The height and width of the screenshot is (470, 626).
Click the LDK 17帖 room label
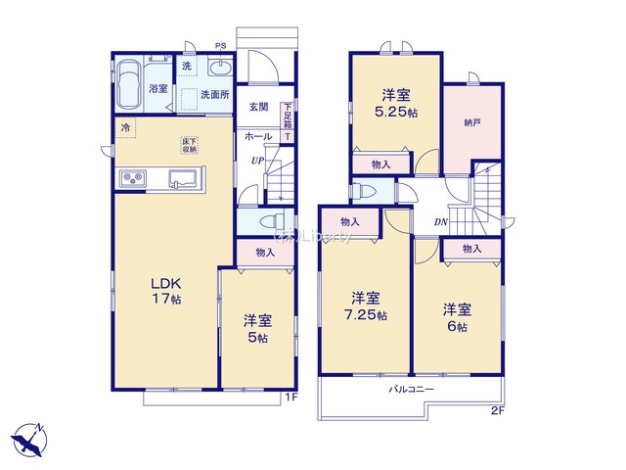163,290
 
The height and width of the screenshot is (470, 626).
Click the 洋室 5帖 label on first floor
257,328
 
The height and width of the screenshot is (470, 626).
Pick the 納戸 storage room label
473,124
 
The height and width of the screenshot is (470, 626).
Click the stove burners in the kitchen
134,177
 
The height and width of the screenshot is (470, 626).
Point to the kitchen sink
184,178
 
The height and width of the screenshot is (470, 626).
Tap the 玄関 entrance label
257,106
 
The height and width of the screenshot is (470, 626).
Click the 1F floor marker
291,397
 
